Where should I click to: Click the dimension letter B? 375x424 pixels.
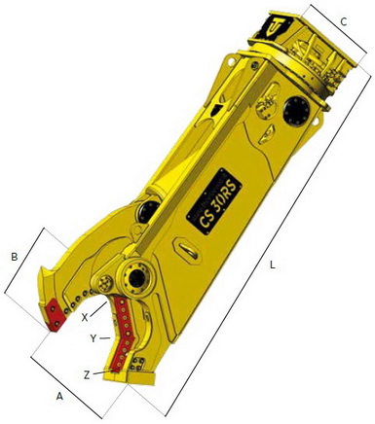pos(14,257)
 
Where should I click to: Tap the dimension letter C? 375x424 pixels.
pos(343,20)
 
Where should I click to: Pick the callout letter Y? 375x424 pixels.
pos(93,338)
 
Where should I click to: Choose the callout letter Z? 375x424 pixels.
pos(88,374)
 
